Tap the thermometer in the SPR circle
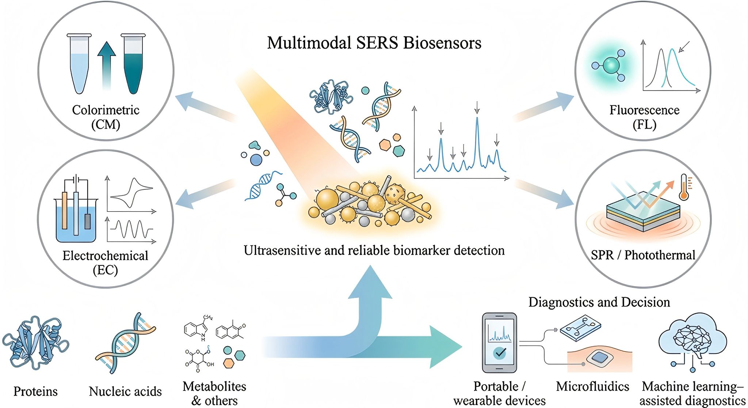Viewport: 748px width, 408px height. coord(684,187)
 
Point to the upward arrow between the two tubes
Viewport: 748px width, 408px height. coord(106,64)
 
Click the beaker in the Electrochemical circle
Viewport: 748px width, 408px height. coord(76,219)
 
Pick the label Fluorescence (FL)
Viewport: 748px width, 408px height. coord(644,117)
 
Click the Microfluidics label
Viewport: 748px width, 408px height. coord(592,386)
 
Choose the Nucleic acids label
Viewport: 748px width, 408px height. coord(125,392)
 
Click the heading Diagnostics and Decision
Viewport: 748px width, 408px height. coord(599,302)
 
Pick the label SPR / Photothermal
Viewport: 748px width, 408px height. coord(643,255)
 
